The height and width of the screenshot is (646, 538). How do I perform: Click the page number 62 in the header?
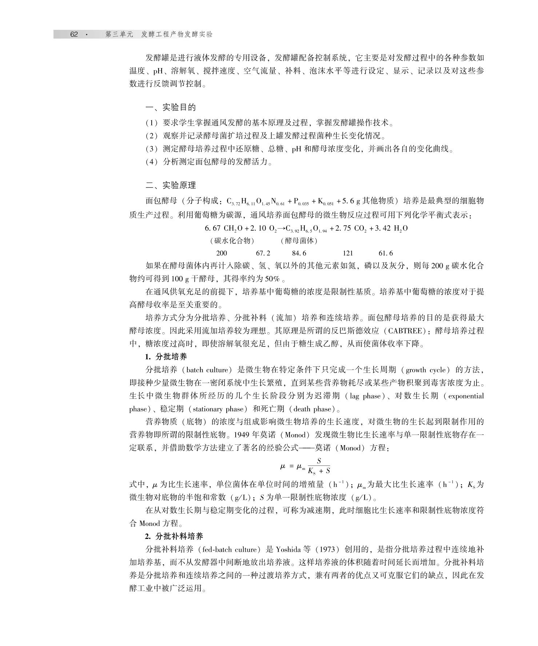point(74,35)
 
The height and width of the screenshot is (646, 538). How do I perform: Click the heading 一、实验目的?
point(171,107)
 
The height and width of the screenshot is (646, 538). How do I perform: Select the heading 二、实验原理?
point(171,185)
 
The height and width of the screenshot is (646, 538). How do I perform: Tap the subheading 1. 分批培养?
point(166,357)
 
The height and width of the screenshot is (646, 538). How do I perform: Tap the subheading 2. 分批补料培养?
point(174,536)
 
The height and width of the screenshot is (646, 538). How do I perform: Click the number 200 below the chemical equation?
point(221,253)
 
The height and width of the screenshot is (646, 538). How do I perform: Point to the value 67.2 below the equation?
point(263,253)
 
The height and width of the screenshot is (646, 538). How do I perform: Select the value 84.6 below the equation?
point(299,253)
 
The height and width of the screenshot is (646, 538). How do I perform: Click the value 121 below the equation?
point(348,253)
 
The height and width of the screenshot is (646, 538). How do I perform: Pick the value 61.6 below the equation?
point(386,253)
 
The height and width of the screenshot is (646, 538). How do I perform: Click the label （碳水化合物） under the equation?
point(232,241)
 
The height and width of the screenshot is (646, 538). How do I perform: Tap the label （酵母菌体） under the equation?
point(299,241)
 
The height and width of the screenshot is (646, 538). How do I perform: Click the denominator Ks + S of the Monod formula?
point(319,471)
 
